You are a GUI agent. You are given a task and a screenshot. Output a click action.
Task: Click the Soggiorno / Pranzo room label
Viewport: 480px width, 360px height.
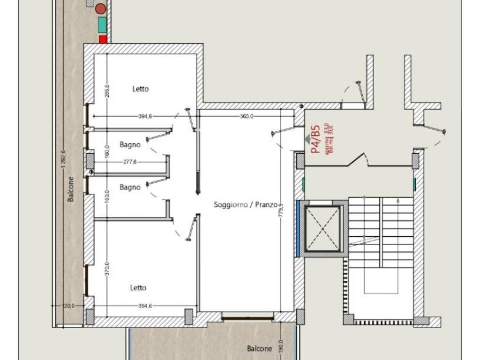(x=246, y=204)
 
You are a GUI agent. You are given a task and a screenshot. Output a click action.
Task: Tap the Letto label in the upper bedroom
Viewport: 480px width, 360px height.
(x=140, y=89)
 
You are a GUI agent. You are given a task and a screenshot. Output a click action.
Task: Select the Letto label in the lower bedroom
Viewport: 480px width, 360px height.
(x=138, y=288)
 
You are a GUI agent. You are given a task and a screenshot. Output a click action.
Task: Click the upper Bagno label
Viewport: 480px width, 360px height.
(x=130, y=145)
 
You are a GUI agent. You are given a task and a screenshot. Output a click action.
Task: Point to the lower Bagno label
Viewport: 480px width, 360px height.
(x=130, y=187)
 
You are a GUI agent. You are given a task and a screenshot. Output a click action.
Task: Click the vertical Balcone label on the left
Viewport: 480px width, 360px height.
(x=71, y=189)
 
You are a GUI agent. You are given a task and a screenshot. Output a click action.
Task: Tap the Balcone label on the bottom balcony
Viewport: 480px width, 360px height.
(x=260, y=349)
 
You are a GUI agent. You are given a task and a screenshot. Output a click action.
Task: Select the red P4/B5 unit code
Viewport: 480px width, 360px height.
(x=315, y=139)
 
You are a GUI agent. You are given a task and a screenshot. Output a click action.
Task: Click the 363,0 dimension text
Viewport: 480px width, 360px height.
(x=247, y=116)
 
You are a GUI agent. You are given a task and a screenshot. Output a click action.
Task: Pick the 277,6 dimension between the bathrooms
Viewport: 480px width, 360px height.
(x=132, y=162)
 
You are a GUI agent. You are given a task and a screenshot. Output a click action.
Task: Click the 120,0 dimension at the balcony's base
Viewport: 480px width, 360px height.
(x=68, y=306)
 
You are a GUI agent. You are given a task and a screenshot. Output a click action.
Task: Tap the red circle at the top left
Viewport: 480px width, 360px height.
(x=100, y=8)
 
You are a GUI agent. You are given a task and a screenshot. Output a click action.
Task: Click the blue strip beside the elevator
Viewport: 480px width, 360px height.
(x=298, y=228)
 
